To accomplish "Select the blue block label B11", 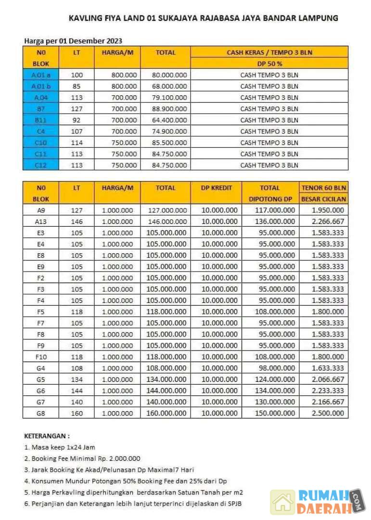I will pyautogui.click(x=40, y=120).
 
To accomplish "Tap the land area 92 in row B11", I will pyautogui.click(x=77, y=120).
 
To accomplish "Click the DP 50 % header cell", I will pyautogui.click(x=269, y=63).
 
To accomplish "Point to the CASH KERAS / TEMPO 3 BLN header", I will pyautogui.click(x=269, y=52).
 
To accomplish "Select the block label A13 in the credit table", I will pyautogui.click(x=40, y=221).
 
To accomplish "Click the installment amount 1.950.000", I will pyautogui.click(x=328, y=210).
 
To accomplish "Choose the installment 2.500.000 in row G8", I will pyautogui.click(x=328, y=413).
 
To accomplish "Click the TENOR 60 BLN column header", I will pyautogui.click(x=324, y=188).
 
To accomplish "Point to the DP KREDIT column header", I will pyautogui.click(x=216, y=188).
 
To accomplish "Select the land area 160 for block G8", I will pyautogui.click(x=77, y=413).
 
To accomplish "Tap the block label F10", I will pyautogui.click(x=40, y=357).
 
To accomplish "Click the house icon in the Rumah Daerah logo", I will pyautogui.click(x=282, y=502).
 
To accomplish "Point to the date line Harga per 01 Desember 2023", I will pyautogui.click(x=73, y=41).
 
